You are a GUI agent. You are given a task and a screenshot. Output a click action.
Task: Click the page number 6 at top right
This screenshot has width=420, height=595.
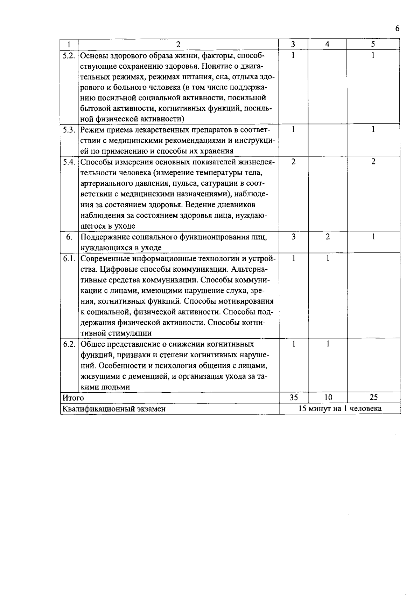(397, 29)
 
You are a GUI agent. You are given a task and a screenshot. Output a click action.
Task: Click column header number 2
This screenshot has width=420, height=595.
(178, 44)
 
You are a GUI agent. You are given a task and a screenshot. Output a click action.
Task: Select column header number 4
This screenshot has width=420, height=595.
(327, 44)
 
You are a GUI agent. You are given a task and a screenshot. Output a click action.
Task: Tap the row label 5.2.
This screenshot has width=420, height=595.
(69, 55)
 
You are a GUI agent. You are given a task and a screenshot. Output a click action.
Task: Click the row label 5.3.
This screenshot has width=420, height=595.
(69, 129)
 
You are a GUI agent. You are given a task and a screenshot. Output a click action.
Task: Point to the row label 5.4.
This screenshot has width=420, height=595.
(69, 162)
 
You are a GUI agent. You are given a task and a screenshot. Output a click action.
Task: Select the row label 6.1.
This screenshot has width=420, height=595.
(69, 258)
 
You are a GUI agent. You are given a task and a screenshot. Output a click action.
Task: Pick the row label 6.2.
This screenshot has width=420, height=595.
(69, 344)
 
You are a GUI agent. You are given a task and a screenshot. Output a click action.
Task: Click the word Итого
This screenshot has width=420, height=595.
(73, 398)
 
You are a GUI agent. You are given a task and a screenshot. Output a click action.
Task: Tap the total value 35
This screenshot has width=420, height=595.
(293, 397)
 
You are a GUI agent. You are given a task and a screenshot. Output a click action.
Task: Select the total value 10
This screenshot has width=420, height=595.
(328, 397)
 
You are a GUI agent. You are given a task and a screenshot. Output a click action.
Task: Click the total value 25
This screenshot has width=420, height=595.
(373, 397)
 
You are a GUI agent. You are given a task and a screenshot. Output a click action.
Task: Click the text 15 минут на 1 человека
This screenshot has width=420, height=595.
(339, 408)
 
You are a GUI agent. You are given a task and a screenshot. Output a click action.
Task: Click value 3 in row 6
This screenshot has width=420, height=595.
(293, 237)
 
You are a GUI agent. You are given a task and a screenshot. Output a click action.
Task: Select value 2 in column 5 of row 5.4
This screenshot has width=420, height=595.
(373, 162)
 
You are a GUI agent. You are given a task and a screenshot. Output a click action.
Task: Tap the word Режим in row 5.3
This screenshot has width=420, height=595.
(92, 130)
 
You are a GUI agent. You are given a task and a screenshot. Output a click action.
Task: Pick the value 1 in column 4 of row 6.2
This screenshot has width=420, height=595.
(328, 344)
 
